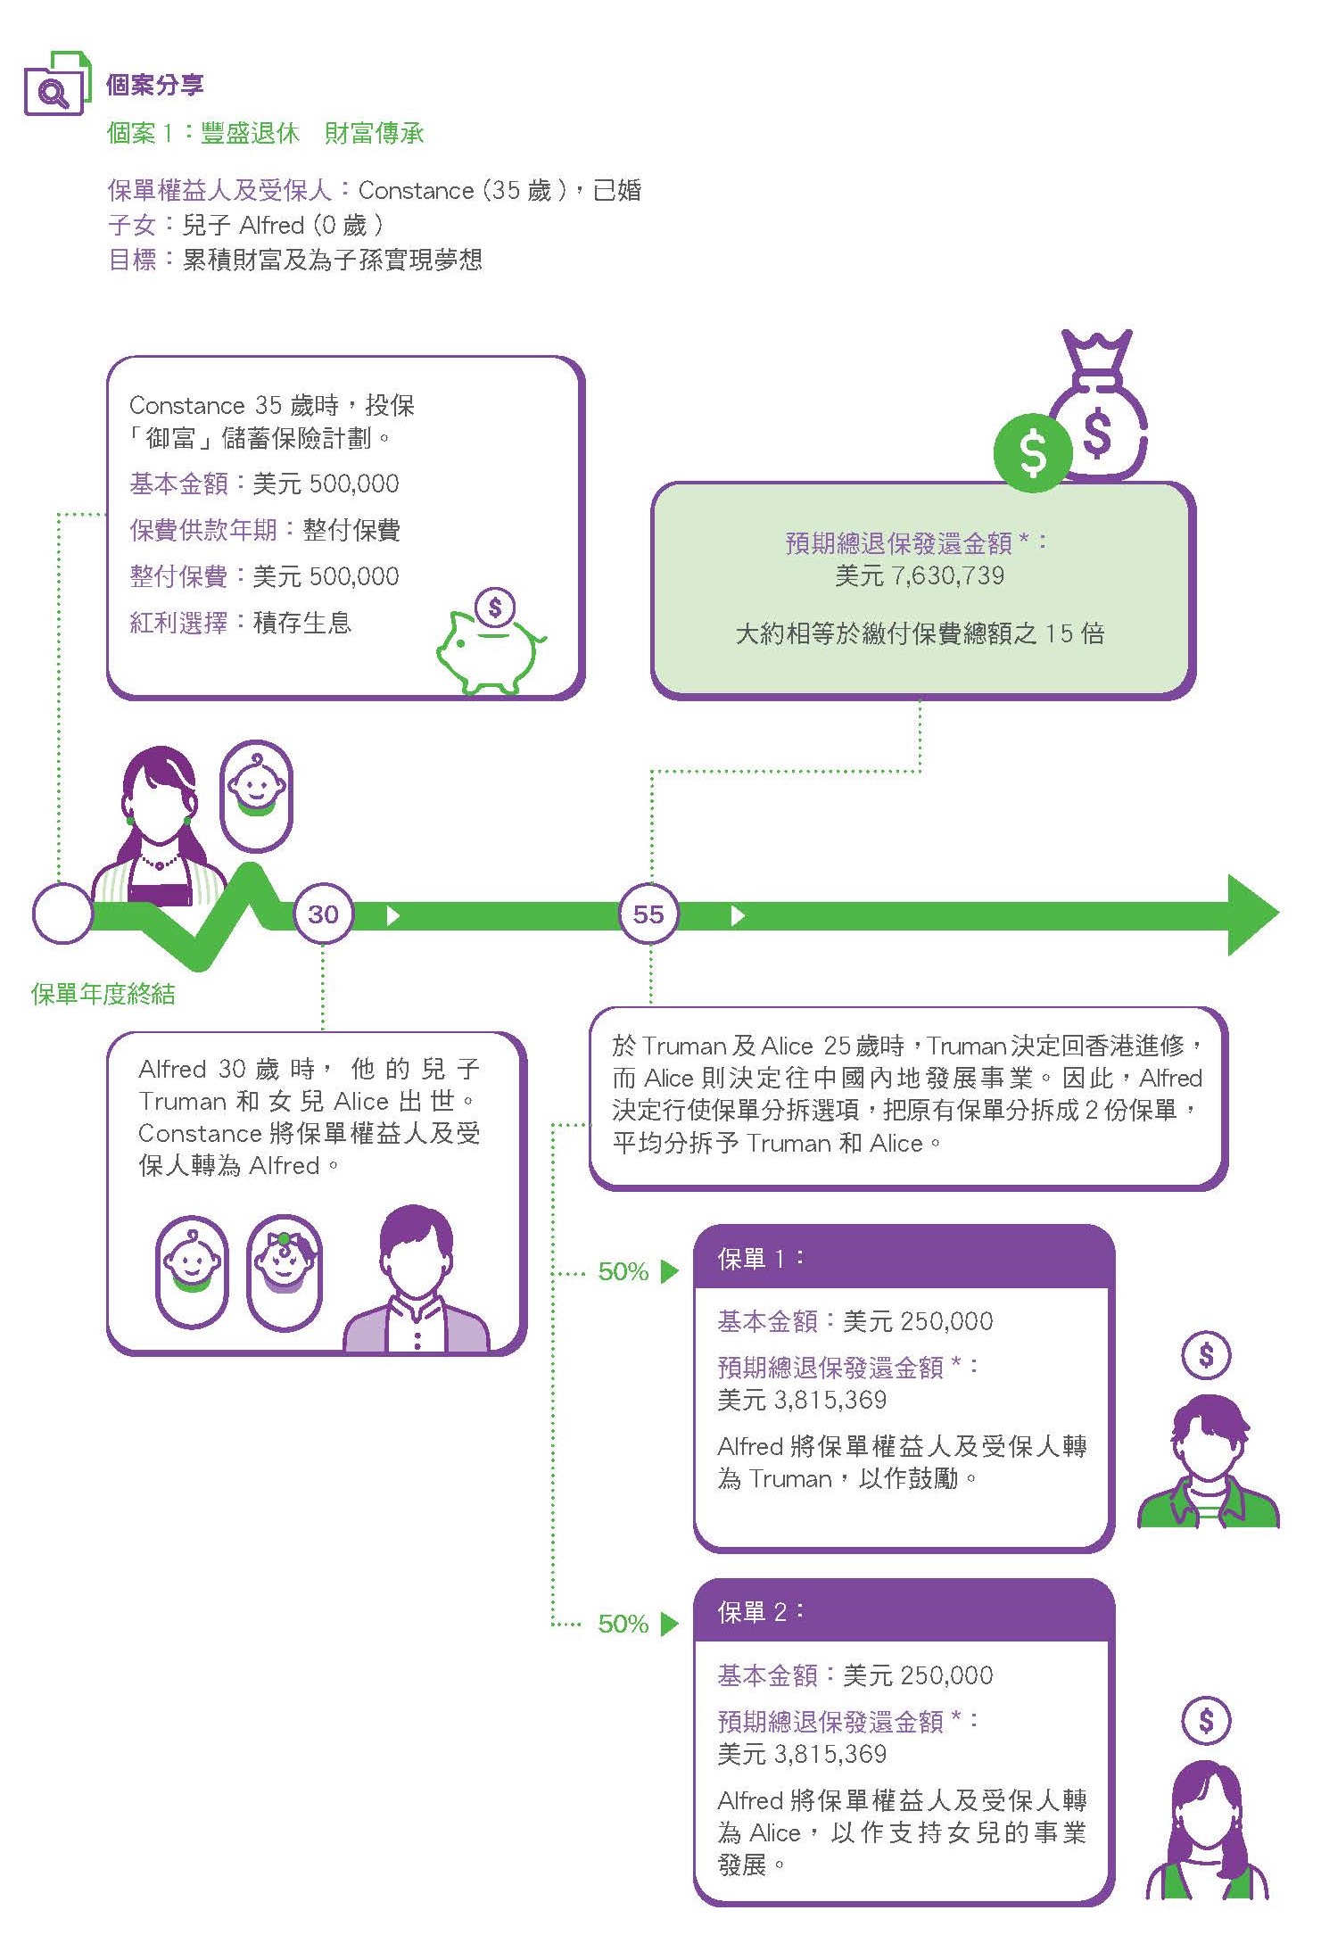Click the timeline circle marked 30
click(323, 914)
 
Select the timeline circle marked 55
click(648, 914)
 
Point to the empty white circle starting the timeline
click(62, 914)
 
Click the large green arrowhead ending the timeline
click(1252, 914)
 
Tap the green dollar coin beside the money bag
click(1032, 452)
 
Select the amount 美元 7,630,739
click(920, 575)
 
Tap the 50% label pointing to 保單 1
click(623, 1271)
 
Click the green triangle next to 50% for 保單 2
click(669, 1624)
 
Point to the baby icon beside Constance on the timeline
click(256, 796)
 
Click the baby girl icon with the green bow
click(284, 1271)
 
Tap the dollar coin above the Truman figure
click(1206, 1355)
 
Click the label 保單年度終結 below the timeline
click(103, 995)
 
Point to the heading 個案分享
click(154, 85)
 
